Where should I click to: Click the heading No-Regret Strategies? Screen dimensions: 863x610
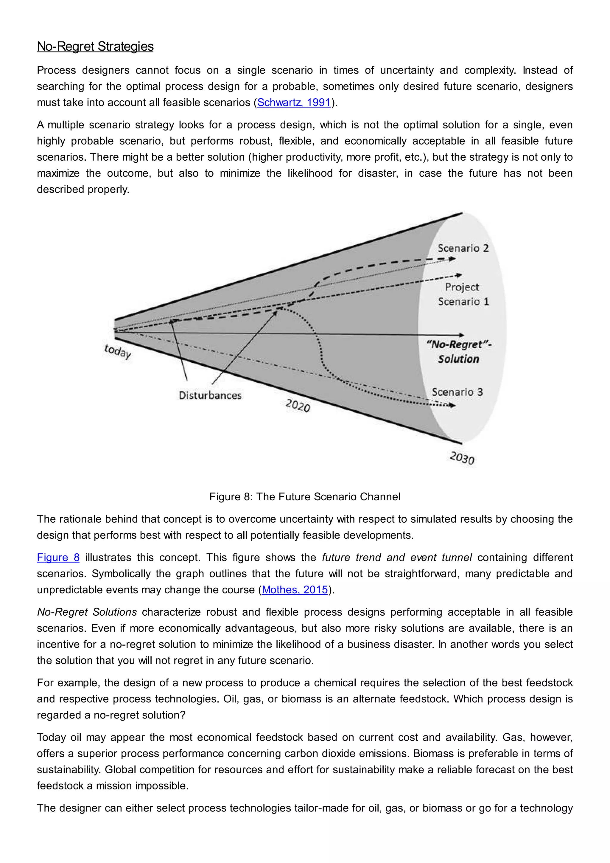95,46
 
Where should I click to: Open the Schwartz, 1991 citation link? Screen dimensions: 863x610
294,103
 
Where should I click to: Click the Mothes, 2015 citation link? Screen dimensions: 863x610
295,590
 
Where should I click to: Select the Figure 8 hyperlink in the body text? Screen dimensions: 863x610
58,558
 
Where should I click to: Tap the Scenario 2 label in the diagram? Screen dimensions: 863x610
463,249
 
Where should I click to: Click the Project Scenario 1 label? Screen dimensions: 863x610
463,294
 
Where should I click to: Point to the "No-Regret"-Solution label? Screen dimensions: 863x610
459,351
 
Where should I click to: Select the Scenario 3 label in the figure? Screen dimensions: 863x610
457,392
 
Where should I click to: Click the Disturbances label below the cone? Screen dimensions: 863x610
210,395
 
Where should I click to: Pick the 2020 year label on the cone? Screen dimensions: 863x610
298,406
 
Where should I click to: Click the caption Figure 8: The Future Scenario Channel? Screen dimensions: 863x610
305,497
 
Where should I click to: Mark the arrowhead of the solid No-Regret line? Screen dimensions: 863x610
462,335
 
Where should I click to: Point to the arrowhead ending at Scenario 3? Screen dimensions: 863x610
453,406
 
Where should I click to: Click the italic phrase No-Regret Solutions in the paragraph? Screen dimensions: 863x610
87,612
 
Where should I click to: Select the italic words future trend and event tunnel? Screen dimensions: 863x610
397,558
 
